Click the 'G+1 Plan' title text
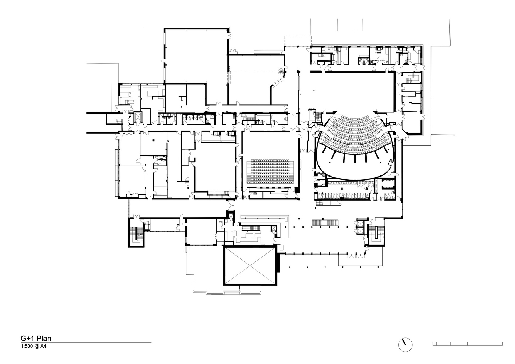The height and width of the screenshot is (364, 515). click(36, 338)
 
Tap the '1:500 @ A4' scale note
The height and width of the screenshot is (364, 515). click(33, 346)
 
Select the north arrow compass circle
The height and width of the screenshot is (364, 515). click(405, 345)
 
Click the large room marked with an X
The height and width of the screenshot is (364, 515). click(250, 266)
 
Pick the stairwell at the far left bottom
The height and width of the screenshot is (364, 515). click(136, 233)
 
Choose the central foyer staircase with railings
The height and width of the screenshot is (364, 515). click(325, 223)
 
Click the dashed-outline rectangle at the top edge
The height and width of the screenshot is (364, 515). click(298, 41)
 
